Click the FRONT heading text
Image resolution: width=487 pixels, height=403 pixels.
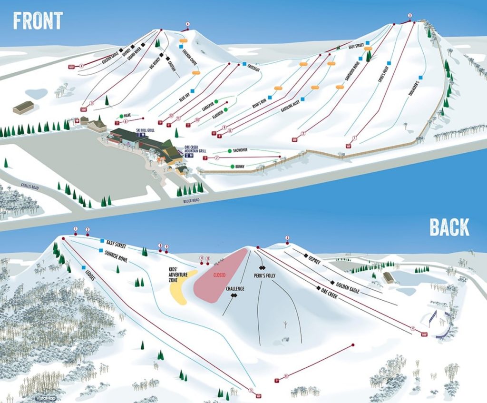coord(38,20)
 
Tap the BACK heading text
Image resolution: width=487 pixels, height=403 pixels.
coord(449,227)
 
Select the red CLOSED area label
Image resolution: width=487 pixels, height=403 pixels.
coord(219,275)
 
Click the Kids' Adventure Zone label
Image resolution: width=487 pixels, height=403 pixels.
coord(176,275)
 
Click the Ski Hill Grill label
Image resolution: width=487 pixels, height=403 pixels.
coord(145,130)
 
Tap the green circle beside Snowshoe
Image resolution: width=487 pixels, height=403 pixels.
coord(230,150)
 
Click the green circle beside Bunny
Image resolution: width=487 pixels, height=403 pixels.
coord(233,167)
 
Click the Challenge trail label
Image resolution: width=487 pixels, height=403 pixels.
coord(234,289)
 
